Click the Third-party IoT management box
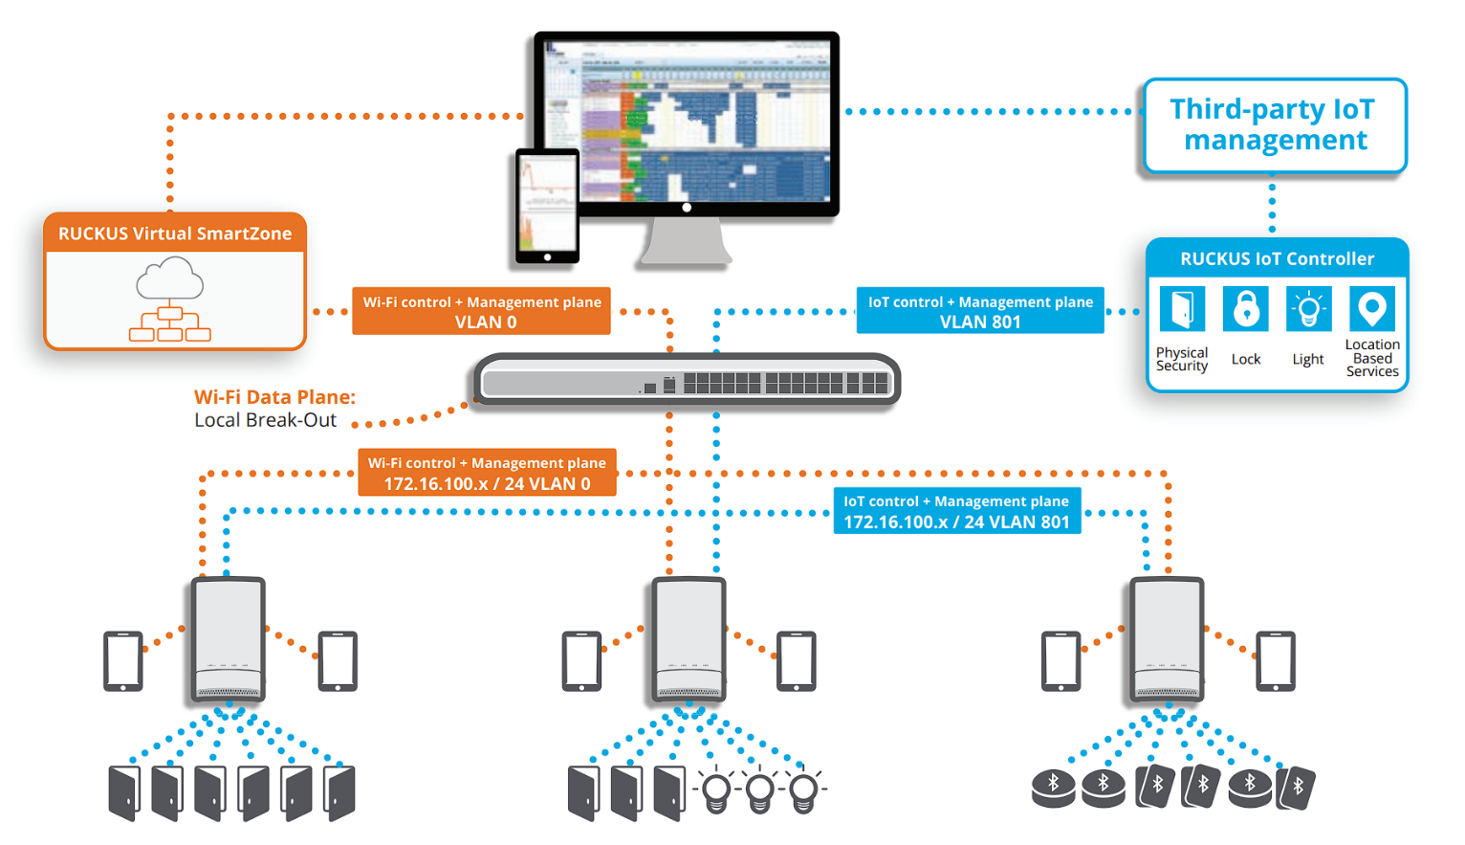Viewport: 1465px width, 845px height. pos(1275,125)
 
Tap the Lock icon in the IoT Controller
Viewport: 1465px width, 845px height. pos(1245,309)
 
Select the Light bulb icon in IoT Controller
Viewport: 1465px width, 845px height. pos(1308,309)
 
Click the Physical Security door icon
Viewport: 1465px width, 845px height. pos(1182,309)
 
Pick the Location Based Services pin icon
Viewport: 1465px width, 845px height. pos(1372,309)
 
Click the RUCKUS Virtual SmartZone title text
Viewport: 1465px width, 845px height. pos(175,233)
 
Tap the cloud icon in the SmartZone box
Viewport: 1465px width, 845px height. pos(170,281)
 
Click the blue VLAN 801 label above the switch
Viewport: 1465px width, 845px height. pos(980,311)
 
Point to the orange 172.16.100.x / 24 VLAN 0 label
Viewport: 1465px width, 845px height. pos(487,473)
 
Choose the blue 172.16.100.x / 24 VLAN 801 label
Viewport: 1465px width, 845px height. pos(956,511)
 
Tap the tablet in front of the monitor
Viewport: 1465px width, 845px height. pos(547,206)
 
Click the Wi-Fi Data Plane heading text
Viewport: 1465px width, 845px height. pos(274,397)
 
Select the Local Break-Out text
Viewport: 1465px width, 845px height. pos(265,420)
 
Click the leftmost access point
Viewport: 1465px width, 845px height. pos(228,638)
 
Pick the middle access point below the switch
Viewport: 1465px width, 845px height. pos(689,638)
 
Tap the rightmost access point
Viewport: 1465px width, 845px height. pos(1167,638)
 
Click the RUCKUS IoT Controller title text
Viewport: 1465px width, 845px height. pos(1277,259)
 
